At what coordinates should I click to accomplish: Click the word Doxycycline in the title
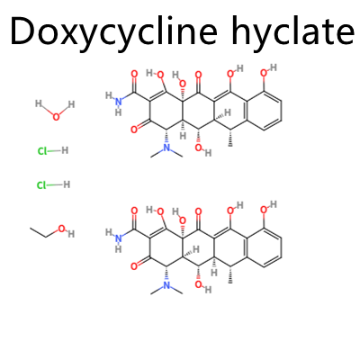(113, 31)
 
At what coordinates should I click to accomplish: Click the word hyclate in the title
(293, 31)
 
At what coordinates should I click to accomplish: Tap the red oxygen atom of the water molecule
(56, 117)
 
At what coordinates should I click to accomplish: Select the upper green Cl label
(42, 151)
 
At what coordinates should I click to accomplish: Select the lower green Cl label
(41, 185)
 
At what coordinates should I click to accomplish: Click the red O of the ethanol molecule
(61, 229)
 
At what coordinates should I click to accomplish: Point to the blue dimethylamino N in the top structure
(166, 148)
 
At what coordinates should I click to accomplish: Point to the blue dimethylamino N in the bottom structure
(166, 284)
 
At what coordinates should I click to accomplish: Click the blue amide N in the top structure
(118, 102)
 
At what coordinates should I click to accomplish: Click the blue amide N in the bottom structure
(118, 238)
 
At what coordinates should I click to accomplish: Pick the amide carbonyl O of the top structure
(134, 74)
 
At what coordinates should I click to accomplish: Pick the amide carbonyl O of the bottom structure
(134, 211)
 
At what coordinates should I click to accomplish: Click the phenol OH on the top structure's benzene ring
(268, 70)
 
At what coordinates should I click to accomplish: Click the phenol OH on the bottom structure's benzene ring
(268, 207)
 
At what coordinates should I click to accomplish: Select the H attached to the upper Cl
(65, 150)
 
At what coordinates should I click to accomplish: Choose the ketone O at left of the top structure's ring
(134, 130)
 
